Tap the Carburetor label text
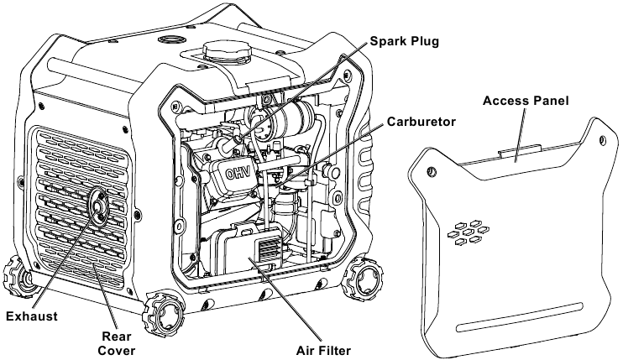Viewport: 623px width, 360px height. tap(422, 122)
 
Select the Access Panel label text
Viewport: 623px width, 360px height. tap(526, 101)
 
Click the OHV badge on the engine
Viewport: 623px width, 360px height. tap(235, 176)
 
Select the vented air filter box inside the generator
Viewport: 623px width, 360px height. tap(250, 248)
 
